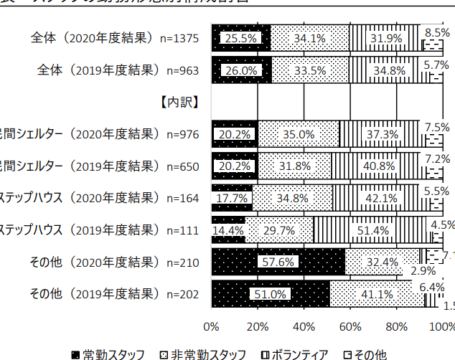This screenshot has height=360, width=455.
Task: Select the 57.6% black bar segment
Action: click(278, 262)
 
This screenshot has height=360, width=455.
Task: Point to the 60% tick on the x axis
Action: click(350, 327)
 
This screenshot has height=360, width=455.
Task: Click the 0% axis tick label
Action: click(212, 327)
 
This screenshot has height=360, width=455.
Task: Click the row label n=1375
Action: click(116, 38)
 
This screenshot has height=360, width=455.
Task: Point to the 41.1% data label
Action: click(375, 294)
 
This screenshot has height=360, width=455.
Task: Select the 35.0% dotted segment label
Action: click(297, 135)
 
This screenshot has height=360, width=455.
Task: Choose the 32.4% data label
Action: click(382, 262)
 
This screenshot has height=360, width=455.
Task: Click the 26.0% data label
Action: click(240, 71)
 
